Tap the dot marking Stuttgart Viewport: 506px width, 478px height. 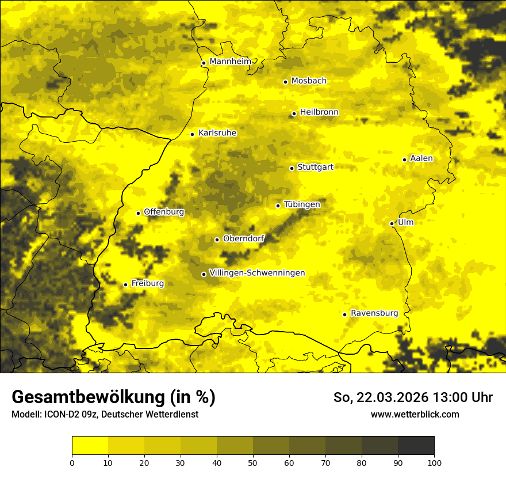pyautogui.click(x=292, y=168)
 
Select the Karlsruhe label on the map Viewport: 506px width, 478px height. pyautogui.click(x=217, y=133)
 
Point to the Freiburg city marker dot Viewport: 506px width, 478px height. pyautogui.click(x=125, y=284)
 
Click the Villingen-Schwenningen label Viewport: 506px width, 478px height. pyautogui.click(x=257, y=273)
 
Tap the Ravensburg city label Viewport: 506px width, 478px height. pyautogui.click(x=374, y=313)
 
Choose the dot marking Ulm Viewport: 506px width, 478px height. pyautogui.click(x=392, y=223)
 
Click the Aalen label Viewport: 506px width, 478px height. pyautogui.click(x=421, y=158)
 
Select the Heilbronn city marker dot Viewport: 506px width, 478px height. pyautogui.click(x=294, y=113)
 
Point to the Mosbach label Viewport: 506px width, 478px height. pyautogui.click(x=309, y=81)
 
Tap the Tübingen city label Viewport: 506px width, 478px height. pyautogui.click(x=302, y=204)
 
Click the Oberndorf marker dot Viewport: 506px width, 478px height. pyautogui.click(x=217, y=240)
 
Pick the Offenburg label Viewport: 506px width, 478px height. pyautogui.click(x=164, y=212)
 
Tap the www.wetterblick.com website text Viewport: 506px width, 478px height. pyautogui.click(x=415, y=414)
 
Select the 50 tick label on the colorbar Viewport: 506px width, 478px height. pyautogui.click(x=253, y=462)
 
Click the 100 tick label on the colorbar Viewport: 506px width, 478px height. pyautogui.click(x=434, y=462)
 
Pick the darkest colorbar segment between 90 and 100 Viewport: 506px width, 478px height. pyautogui.click(x=416, y=446)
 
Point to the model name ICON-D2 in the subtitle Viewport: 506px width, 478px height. pyautogui.click(x=60, y=414)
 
